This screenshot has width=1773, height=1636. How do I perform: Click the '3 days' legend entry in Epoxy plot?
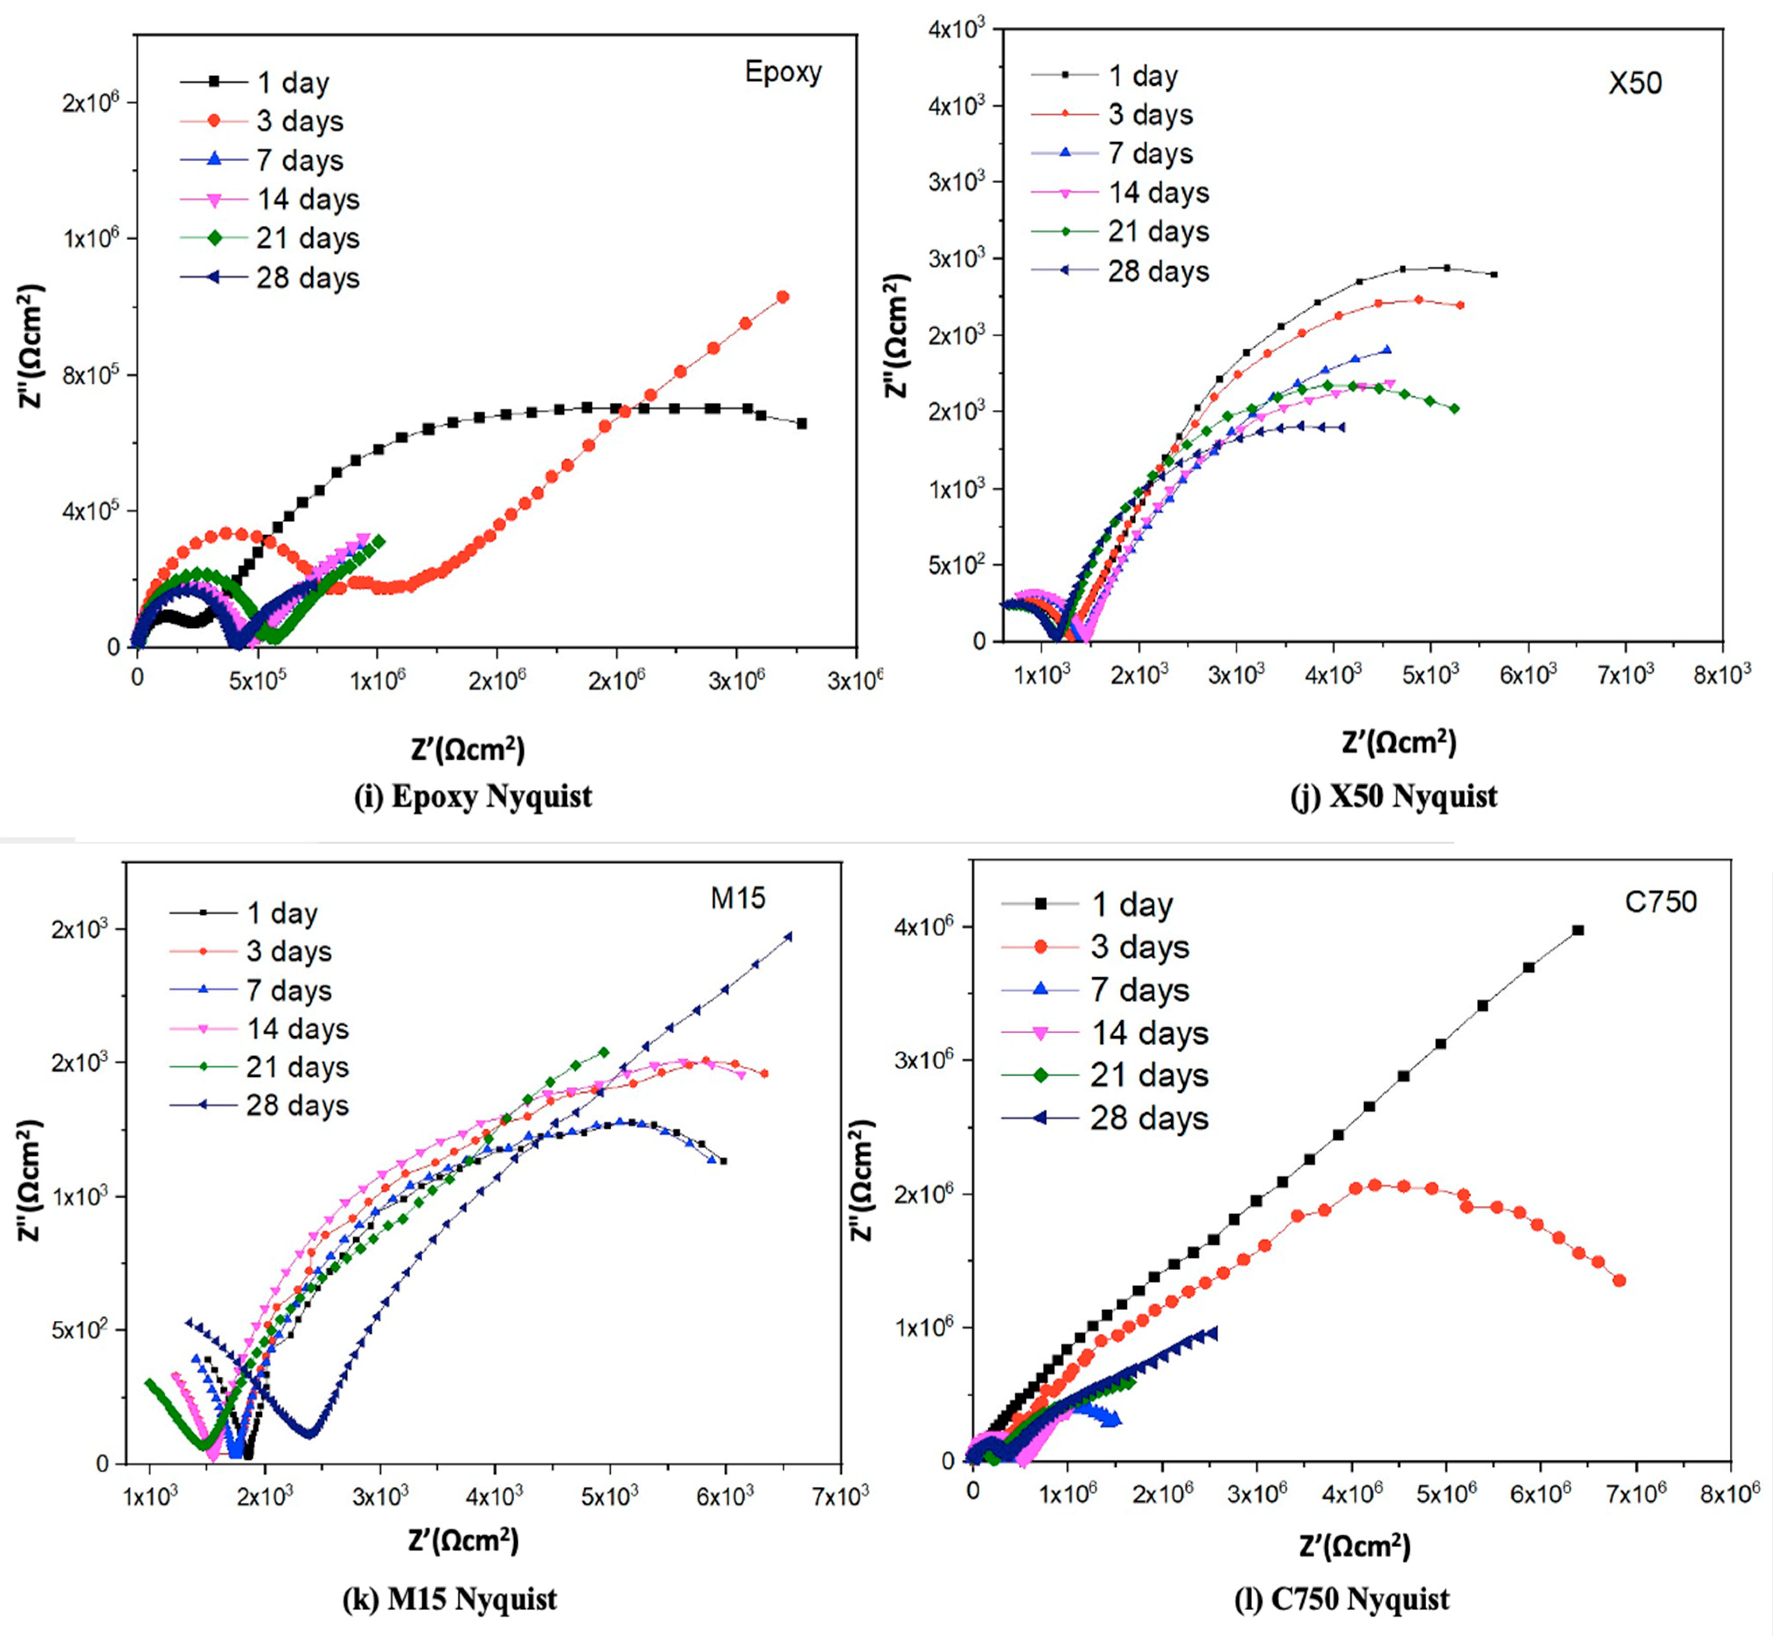(299, 121)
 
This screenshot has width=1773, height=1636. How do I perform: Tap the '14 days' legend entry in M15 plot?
(297, 1029)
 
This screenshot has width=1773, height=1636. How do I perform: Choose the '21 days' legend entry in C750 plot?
(1149, 1076)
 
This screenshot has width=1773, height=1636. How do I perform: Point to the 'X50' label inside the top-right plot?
(1635, 83)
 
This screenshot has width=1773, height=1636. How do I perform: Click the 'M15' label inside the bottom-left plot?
(737, 899)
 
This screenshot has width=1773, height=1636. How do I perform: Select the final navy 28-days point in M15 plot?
(789, 936)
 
